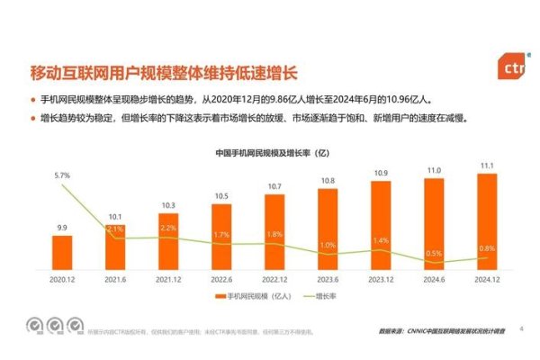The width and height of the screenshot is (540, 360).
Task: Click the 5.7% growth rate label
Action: pyautogui.click(x=62, y=174)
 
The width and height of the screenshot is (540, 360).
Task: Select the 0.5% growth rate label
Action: pyautogui.click(x=433, y=253)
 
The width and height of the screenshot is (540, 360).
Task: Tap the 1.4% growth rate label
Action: pyautogui.click(x=380, y=240)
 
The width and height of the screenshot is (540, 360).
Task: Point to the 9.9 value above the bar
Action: pyautogui.click(x=62, y=229)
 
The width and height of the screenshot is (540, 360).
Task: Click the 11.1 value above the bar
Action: pyautogui.click(x=486, y=166)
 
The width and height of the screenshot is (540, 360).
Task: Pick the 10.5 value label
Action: pyautogui.click(x=221, y=195)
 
